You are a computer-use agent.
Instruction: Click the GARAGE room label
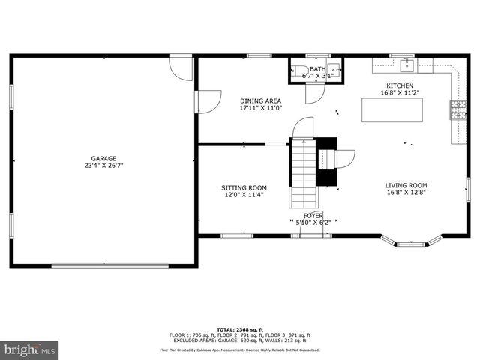103,158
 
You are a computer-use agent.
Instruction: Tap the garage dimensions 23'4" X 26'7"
103,166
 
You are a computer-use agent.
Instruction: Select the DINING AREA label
260,100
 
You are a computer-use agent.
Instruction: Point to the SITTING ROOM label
244,188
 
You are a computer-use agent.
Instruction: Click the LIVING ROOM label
406,185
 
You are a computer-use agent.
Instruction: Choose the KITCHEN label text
399,85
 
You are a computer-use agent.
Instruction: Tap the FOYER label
313,215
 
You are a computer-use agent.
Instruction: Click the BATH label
318,69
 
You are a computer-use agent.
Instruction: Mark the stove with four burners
457,110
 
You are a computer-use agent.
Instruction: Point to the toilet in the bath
295,73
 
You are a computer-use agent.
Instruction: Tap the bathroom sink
335,73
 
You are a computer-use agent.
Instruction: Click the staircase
303,174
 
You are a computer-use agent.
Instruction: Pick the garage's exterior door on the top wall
180,67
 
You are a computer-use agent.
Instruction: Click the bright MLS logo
29,349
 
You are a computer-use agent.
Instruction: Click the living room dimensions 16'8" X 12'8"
406,193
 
